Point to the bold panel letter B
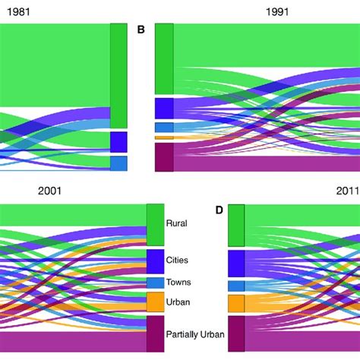pos(141,30)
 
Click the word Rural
pos(177,223)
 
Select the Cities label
pos(177,260)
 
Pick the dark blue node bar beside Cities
pos(155,261)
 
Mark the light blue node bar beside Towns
pos(155,283)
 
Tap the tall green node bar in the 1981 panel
pos(118,75)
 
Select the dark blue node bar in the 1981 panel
pos(118,142)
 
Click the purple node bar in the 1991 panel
pos(164,158)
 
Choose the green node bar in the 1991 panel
pos(164,58)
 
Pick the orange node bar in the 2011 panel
pos(236,304)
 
